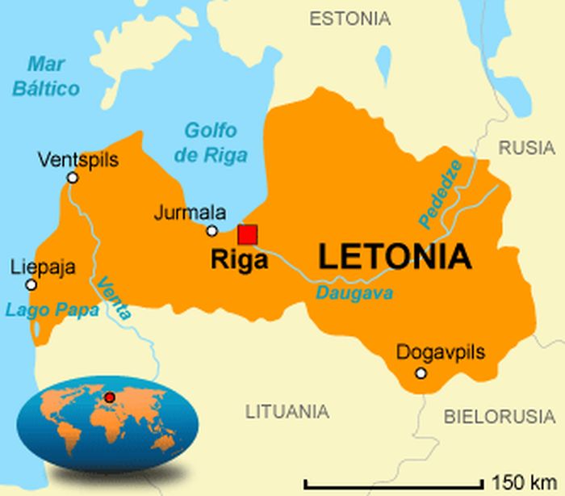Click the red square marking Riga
(x=248, y=234)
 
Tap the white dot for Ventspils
(x=73, y=177)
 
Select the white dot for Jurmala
(x=211, y=230)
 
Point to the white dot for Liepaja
(x=31, y=284)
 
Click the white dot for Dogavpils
(x=421, y=372)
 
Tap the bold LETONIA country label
(x=395, y=257)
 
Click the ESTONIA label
(x=349, y=19)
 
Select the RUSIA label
(x=526, y=148)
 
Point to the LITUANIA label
(x=287, y=411)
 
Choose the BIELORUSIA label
(x=500, y=417)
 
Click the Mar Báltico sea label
(x=47, y=76)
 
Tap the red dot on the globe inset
(x=109, y=397)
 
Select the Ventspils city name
(x=77, y=160)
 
